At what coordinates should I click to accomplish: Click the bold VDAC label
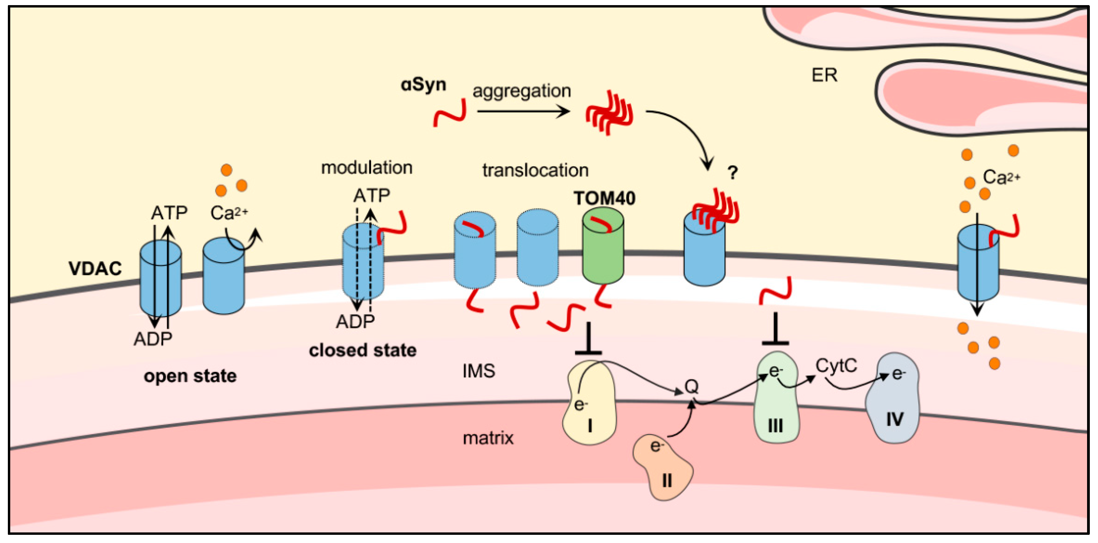tap(95, 269)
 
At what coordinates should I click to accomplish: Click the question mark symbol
tap(732, 173)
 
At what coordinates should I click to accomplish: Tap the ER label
tap(824, 75)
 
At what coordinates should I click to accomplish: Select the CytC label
tap(836, 366)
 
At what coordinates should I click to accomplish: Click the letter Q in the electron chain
tap(691, 387)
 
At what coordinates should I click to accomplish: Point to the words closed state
tap(362, 351)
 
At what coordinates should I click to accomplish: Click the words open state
tap(190, 376)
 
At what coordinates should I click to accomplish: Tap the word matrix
tap(488, 438)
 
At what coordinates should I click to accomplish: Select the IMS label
tap(478, 371)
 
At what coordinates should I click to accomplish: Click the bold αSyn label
tap(423, 84)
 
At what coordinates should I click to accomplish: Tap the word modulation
tap(367, 168)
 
